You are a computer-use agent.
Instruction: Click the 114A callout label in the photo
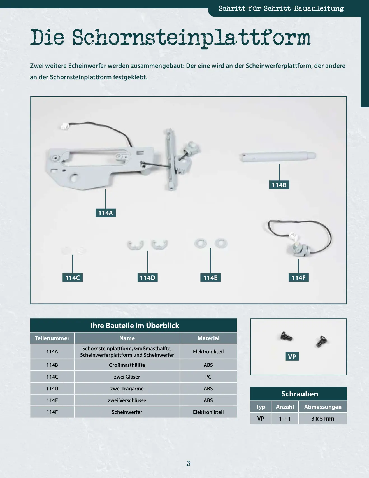pyautogui.click(x=106, y=213)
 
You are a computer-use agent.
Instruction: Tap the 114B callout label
pyautogui.click(x=279, y=185)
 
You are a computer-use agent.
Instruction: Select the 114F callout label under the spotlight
pyautogui.click(x=298, y=278)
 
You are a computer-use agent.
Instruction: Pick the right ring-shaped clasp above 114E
pyautogui.click(x=221, y=243)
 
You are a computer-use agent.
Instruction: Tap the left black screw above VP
pyautogui.click(x=286, y=336)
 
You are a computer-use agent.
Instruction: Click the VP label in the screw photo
pyautogui.click(x=292, y=356)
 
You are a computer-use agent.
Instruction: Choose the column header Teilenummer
pyautogui.click(x=52, y=338)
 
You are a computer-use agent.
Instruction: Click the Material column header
pyautogui.click(x=208, y=338)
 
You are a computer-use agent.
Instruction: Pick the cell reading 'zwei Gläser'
pyautogui.click(x=127, y=377)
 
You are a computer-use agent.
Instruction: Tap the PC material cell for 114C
pyautogui.click(x=208, y=377)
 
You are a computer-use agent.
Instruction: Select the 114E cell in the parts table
pyautogui.click(x=52, y=400)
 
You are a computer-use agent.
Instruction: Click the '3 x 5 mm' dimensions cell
pyautogui.click(x=323, y=419)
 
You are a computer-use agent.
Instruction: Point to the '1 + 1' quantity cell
pyautogui.click(x=285, y=419)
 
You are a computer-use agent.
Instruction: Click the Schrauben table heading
pyautogui.click(x=300, y=394)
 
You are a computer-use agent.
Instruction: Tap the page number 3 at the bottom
pyautogui.click(x=188, y=463)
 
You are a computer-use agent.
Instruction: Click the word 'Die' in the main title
pyautogui.click(x=47, y=37)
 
